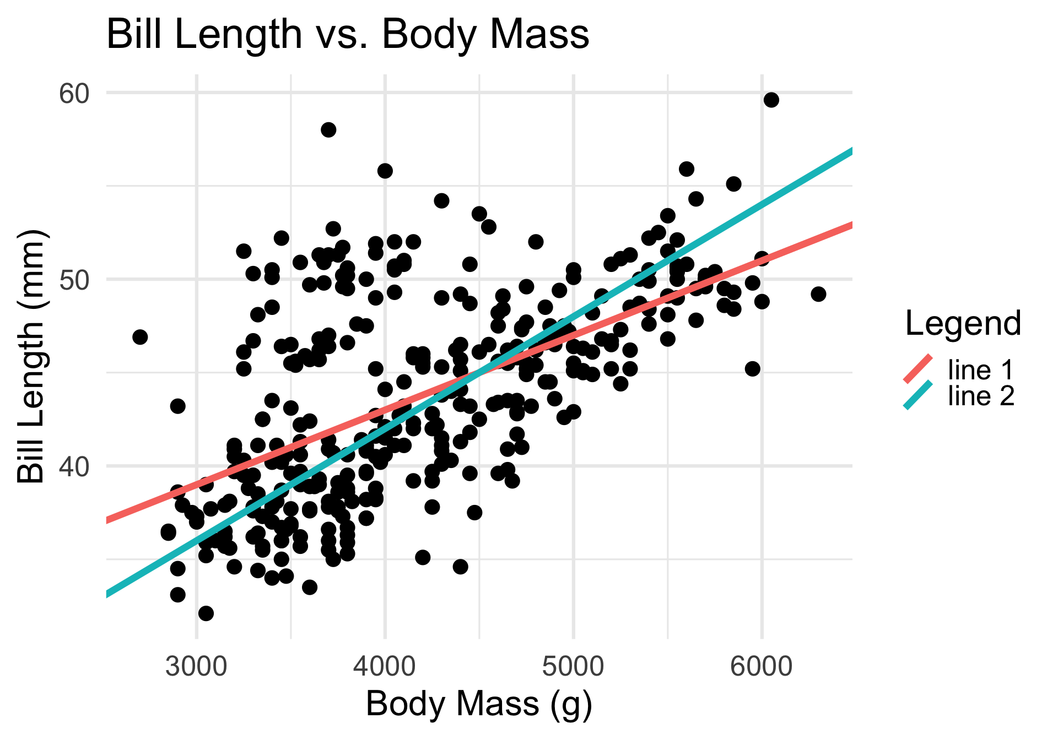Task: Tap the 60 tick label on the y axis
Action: (x=74, y=94)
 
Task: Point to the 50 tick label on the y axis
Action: (x=74, y=280)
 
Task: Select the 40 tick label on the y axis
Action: (x=74, y=467)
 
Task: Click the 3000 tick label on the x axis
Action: (x=197, y=666)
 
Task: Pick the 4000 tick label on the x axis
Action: (x=385, y=666)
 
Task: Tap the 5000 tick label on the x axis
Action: (x=574, y=666)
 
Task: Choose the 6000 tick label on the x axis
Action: (x=762, y=666)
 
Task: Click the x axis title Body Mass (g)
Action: (x=479, y=704)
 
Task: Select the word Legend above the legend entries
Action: (x=963, y=323)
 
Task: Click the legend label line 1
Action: (x=981, y=370)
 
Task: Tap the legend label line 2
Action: (x=981, y=396)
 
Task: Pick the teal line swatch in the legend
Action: (x=918, y=395)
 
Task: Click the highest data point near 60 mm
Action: (x=771, y=100)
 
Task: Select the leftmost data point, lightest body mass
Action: (x=140, y=337)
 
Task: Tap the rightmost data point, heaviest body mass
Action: (x=818, y=294)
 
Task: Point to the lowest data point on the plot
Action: (x=206, y=613)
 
